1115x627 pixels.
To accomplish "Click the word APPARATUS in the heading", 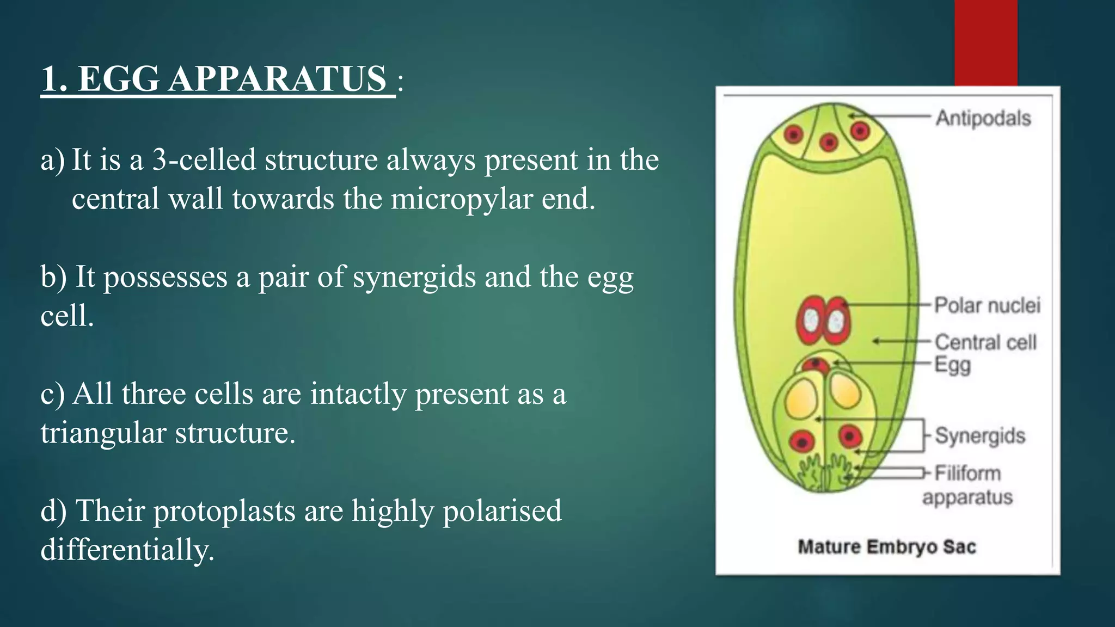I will pos(278,79).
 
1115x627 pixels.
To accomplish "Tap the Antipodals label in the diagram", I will pos(983,118).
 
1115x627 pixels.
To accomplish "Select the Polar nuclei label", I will pos(987,305).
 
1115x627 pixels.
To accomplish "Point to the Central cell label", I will pos(985,342).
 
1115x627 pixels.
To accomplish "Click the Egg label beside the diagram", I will pos(952,365).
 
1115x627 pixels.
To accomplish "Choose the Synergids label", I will pos(980,435).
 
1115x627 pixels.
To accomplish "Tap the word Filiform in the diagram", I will pos(967,473).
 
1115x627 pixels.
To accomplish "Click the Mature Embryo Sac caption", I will pos(886,546).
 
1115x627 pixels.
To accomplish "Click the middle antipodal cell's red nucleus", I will pos(829,143).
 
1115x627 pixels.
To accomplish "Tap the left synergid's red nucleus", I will pos(802,440).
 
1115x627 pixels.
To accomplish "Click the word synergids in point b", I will pos(414,277).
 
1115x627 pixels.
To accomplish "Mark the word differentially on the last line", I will pos(127,550).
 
